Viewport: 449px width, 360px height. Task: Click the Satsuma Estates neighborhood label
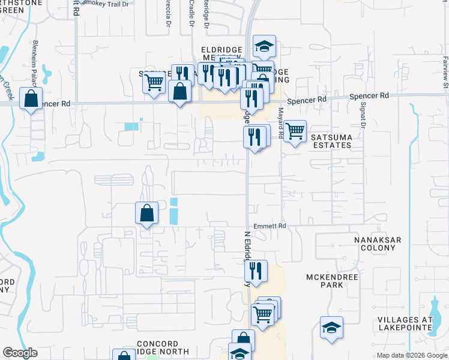(331, 141)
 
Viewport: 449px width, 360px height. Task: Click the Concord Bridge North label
(163, 347)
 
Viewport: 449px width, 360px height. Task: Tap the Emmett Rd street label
(270, 226)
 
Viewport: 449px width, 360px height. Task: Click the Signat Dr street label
(363, 115)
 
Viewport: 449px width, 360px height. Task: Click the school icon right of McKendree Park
(331, 328)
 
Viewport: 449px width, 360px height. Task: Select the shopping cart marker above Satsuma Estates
(294, 131)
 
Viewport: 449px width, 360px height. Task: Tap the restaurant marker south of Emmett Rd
(256, 271)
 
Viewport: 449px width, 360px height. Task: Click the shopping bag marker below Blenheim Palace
(31, 97)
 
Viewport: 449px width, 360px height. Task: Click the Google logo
(20, 353)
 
